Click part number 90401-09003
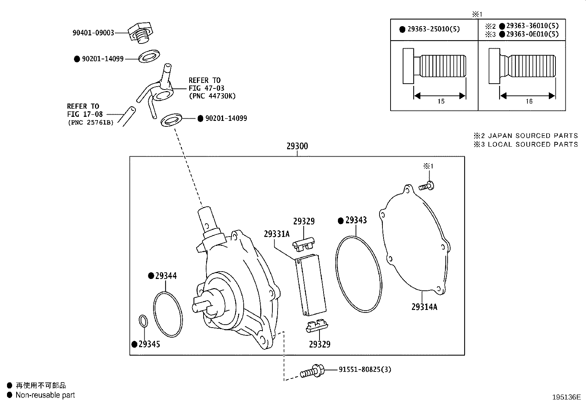[x=93, y=33]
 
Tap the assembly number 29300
[x=297, y=146]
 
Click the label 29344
[x=166, y=276]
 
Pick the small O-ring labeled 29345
[x=144, y=321]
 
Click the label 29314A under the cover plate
[x=424, y=307]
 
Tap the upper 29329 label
[x=304, y=221]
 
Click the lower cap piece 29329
[x=317, y=326]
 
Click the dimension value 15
[x=441, y=101]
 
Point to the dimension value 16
[x=529, y=101]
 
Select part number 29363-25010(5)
[x=434, y=29]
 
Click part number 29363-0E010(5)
[x=532, y=34]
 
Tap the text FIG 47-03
[x=206, y=88]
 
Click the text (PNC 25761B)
[x=91, y=122]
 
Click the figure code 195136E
[x=566, y=397]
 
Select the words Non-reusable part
[x=45, y=395]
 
